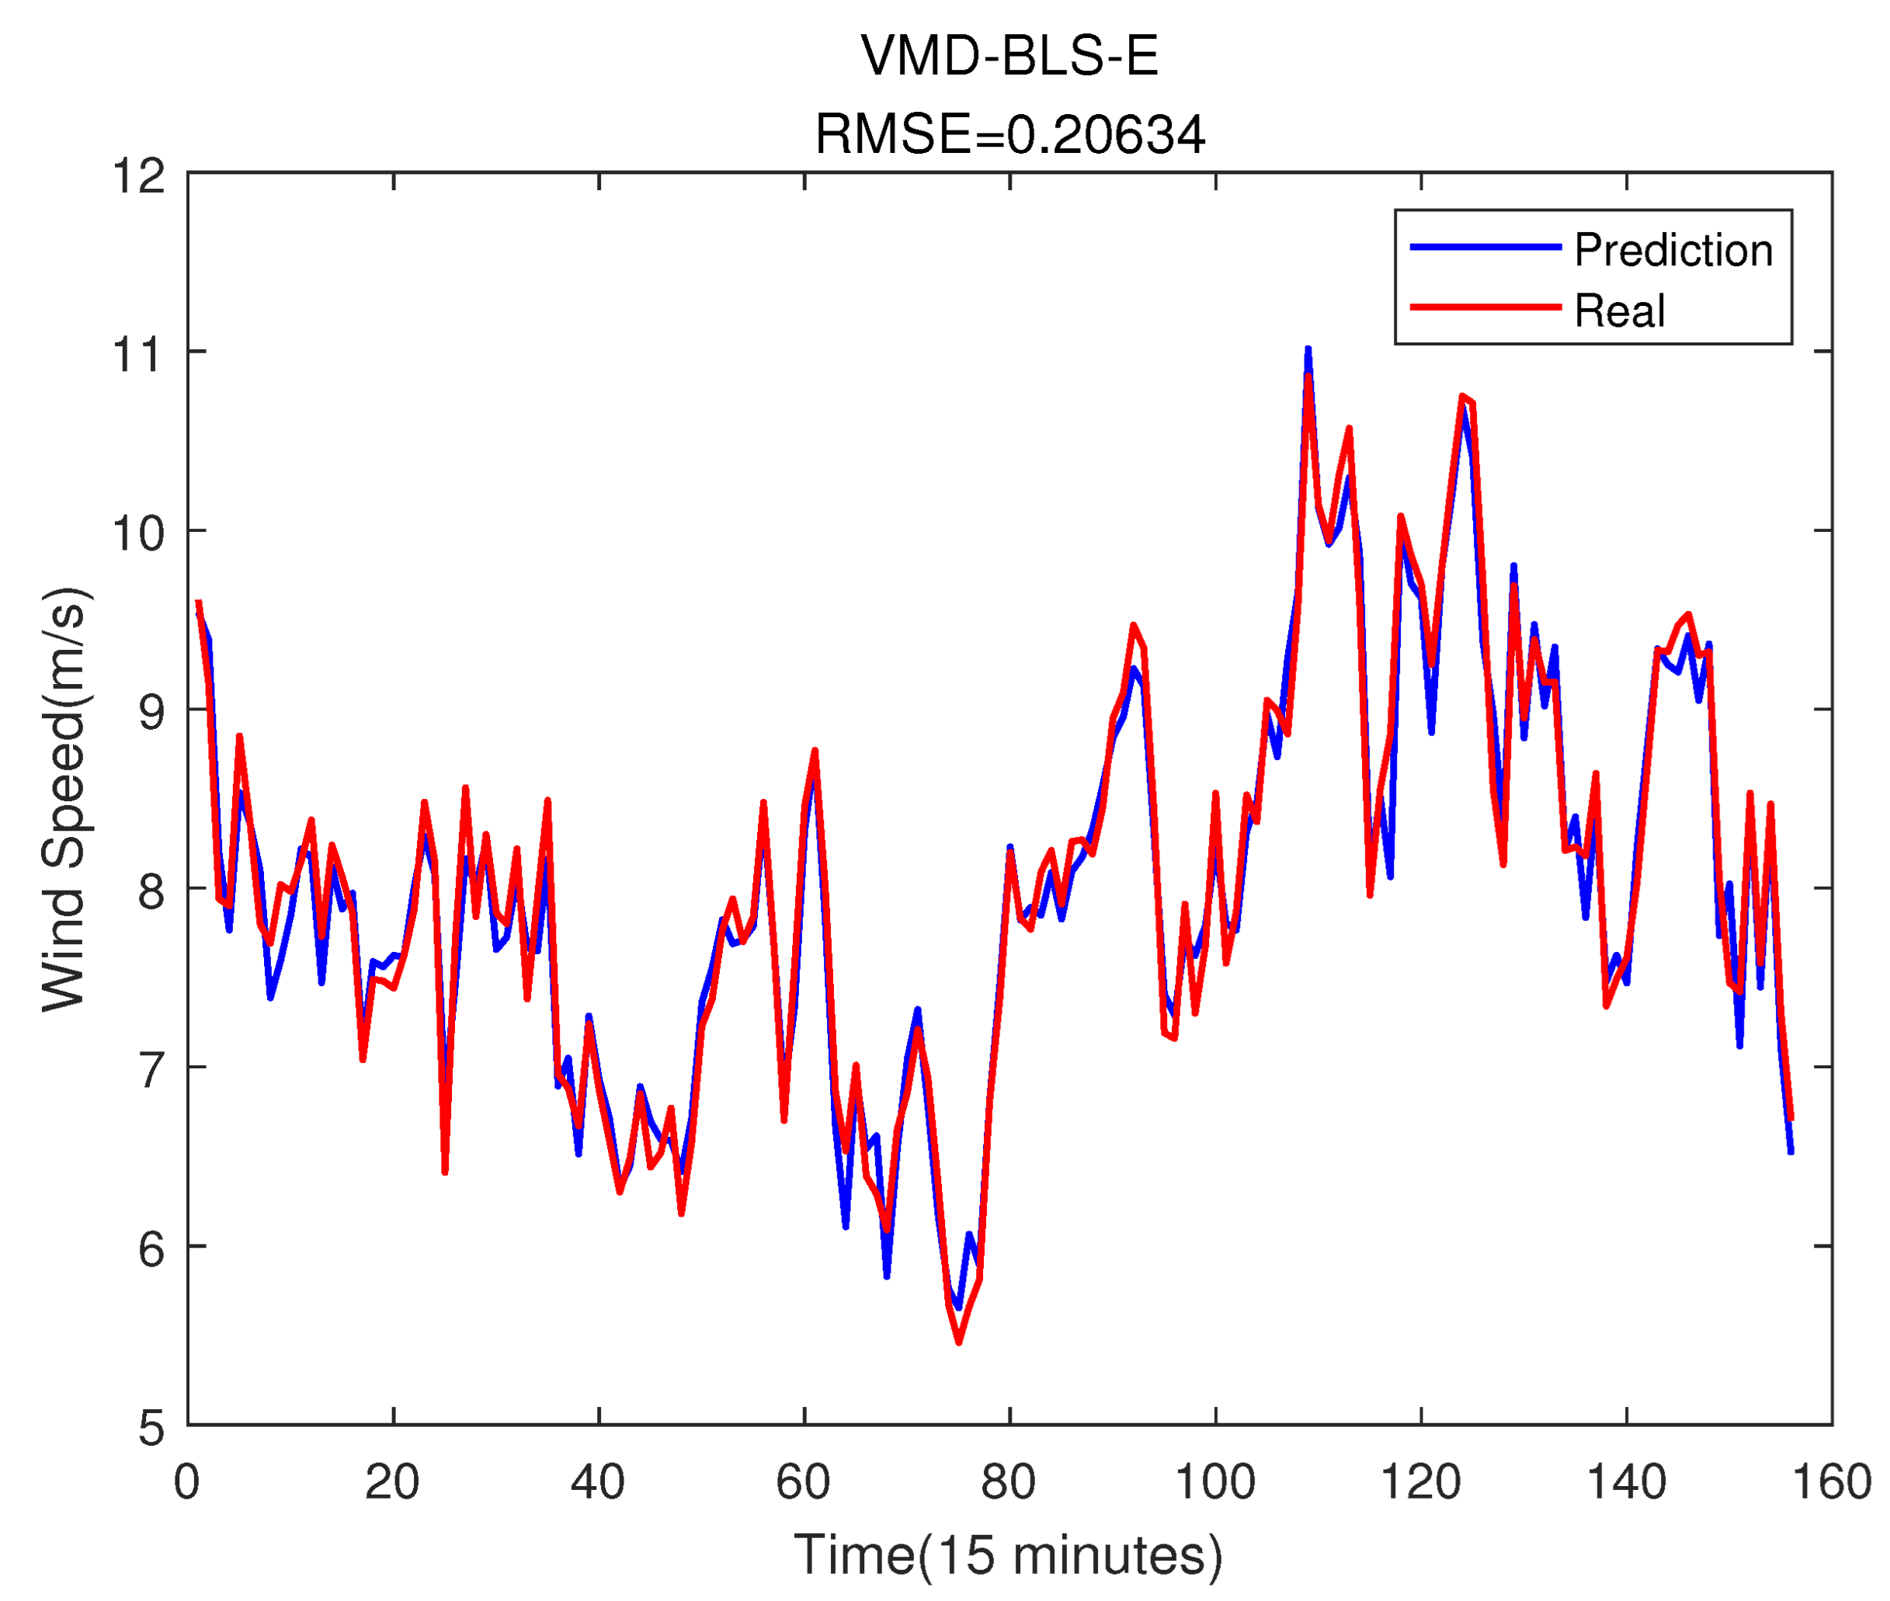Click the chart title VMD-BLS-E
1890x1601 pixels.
click(1009, 56)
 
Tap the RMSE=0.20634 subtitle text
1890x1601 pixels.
click(1009, 134)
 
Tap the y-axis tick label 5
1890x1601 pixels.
click(151, 1428)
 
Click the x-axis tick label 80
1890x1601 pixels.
click(1008, 1482)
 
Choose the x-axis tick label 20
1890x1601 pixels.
click(392, 1482)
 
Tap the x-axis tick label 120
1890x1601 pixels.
click(1419, 1482)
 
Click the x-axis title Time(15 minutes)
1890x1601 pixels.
click(1008, 1554)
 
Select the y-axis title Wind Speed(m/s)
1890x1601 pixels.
click(65, 799)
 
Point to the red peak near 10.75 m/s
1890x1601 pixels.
click(1461, 398)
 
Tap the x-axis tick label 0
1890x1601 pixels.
click(187, 1482)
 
